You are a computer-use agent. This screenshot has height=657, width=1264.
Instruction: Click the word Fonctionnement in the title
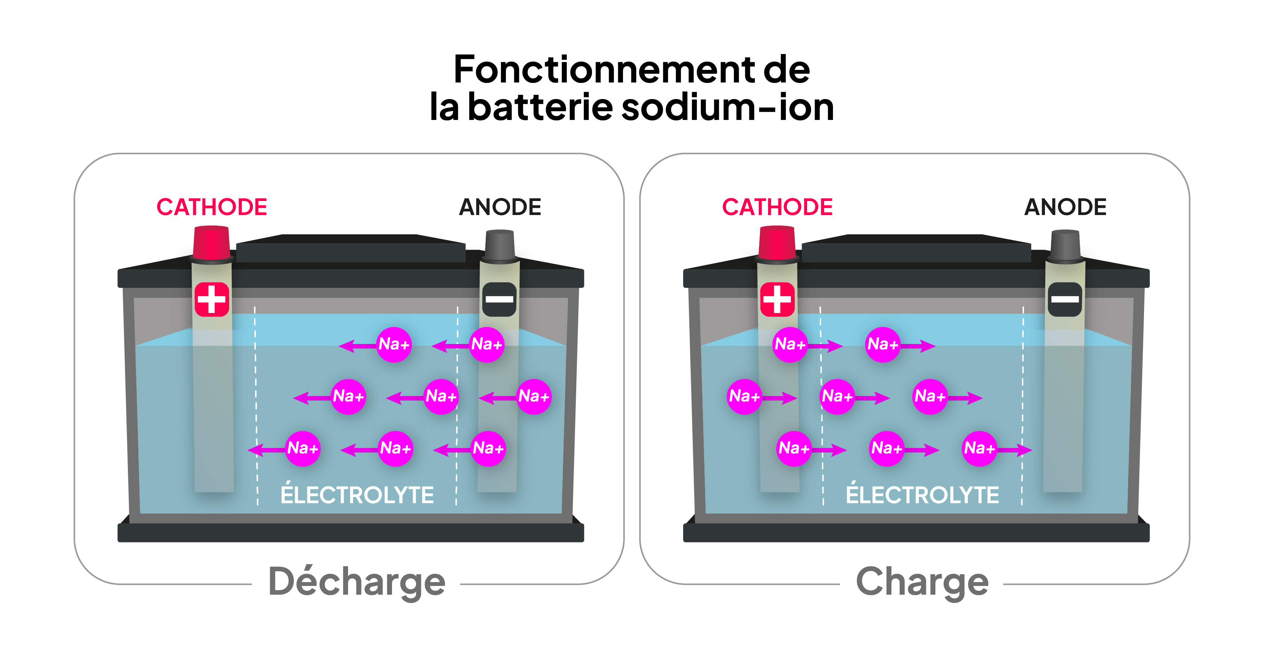604,70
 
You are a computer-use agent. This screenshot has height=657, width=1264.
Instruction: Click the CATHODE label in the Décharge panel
212,207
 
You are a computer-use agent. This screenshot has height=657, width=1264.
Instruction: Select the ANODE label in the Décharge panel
500,207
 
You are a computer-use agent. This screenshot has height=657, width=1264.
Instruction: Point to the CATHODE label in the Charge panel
777,207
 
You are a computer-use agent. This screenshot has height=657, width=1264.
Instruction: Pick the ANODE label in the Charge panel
1065,207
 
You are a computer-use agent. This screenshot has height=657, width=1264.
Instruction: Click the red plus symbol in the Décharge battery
212,299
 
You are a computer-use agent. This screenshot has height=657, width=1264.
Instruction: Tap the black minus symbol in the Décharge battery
499,299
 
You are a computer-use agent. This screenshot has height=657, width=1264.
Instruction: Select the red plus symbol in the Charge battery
777,299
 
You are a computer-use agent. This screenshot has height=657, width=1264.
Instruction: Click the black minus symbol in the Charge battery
1064,299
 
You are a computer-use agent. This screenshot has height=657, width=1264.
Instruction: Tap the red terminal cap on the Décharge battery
211,242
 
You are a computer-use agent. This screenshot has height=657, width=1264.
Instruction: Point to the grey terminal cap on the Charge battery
1065,245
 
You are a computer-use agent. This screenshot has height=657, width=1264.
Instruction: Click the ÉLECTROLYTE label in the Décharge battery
357,495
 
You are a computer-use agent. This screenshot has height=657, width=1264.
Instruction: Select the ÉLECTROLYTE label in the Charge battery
922,495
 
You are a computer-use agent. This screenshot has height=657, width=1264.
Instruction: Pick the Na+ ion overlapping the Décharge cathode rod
303,448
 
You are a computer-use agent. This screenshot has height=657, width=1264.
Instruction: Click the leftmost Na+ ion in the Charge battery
744,397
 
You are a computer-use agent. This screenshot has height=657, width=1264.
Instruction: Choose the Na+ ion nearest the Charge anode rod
979,448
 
